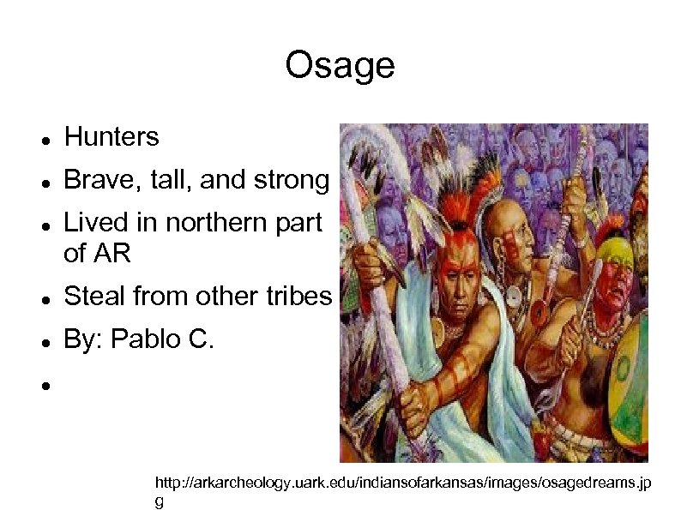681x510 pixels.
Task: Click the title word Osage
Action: [340, 65]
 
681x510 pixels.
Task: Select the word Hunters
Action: [111, 136]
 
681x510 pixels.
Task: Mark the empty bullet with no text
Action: [45, 387]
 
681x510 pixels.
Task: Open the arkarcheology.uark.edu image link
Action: [401, 485]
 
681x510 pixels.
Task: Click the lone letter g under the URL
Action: [158, 502]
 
